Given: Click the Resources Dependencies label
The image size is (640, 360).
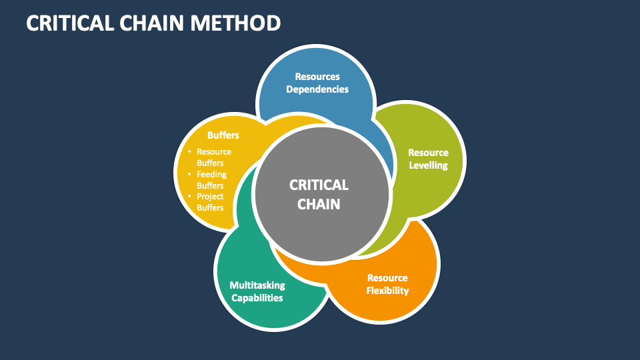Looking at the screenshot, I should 317,83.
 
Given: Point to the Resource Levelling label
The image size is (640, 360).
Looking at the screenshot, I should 428,159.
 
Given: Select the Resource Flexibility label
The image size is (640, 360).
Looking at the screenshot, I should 387,284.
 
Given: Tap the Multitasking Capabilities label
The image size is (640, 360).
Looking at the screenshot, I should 257,291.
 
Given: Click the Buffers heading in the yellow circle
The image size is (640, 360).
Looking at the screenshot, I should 223,135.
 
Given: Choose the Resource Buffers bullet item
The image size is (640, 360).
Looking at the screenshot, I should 213,157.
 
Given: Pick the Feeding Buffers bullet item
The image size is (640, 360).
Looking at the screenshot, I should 211,180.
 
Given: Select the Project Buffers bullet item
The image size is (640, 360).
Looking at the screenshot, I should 210,202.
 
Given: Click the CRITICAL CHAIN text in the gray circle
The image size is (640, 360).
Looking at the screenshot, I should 319,194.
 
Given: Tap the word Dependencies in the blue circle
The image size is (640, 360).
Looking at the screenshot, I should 317,89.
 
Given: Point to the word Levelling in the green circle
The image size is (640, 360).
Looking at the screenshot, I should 428,165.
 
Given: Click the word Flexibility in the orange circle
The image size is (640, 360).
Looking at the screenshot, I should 387,291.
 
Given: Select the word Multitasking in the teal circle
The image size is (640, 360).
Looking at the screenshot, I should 257,285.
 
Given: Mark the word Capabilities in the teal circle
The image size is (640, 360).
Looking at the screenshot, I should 257,298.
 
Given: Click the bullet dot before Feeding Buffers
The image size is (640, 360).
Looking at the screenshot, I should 189,174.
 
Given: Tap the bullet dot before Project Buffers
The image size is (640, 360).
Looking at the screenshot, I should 189,196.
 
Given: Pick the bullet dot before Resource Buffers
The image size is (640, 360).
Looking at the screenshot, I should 189,151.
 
